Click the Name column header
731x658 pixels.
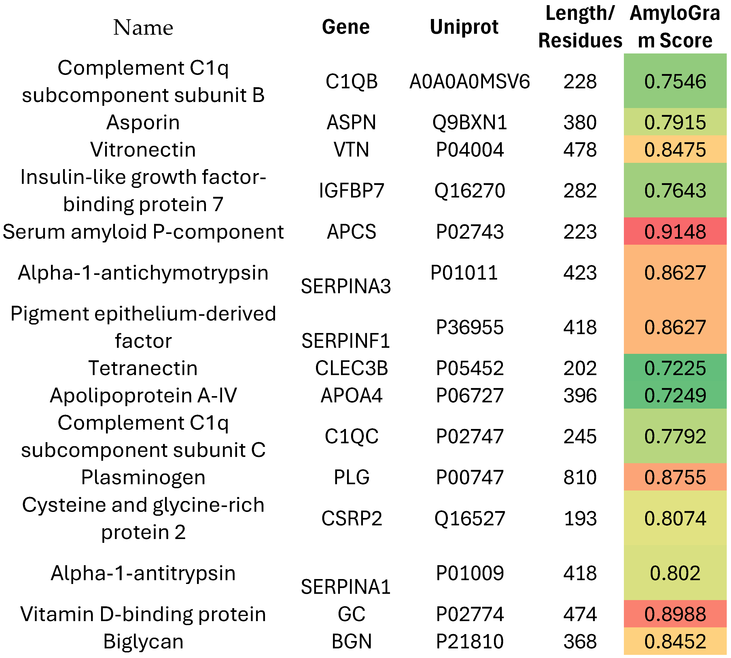[x=143, y=28]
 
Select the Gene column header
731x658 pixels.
[x=346, y=27]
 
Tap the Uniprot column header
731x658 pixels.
[x=464, y=27]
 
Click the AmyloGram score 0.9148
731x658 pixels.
[x=675, y=231]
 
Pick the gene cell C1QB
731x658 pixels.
[x=351, y=81]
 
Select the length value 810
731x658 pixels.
[x=580, y=477]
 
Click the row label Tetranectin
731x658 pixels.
[x=143, y=368]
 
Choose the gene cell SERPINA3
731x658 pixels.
[x=346, y=286]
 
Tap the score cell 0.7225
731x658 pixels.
[x=675, y=368]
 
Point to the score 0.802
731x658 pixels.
[x=675, y=573]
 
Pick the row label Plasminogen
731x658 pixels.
[x=143, y=477]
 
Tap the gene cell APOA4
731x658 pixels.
[x=351, y=395]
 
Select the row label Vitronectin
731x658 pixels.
[x=143, y=150]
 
